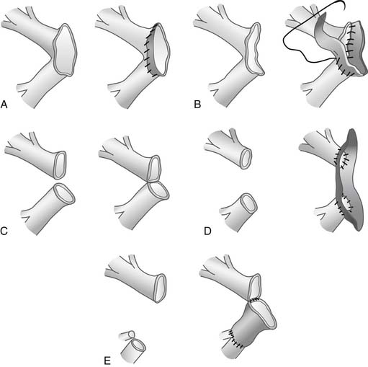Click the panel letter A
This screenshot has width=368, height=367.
coord(4,105)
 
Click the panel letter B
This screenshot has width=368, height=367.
coord(197,105)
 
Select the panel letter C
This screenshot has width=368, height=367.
coord(4,231)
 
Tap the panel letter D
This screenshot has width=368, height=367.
coord(207,231)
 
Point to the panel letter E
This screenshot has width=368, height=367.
coord(107,361)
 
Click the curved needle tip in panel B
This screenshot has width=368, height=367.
coord(345,9)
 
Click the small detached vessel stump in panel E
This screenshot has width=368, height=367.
coord(127,335)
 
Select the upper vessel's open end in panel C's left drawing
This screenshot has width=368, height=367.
coord(60,165)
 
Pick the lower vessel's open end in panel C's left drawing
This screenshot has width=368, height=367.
coord(64,194)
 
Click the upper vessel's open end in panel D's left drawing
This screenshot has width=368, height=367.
coord(246,159)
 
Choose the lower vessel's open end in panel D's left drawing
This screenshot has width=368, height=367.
coord(248,203)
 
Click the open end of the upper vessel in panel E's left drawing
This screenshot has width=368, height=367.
coord(159,288)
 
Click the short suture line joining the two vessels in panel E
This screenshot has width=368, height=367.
coord(255,300)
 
